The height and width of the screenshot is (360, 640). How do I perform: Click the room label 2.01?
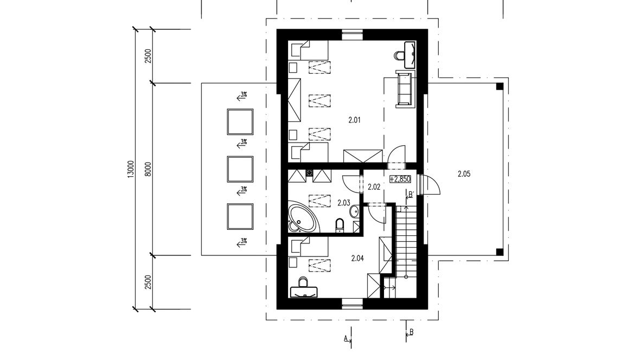[x=354, y=120]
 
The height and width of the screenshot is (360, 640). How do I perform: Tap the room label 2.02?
[x=374, y=188]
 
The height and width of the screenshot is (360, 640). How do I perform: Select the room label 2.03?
[x=344, y=202]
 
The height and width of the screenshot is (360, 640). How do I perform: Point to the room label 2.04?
[x=357, y=258]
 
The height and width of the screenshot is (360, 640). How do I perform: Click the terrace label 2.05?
[x=464, y=174]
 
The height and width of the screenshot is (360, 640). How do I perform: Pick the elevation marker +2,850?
[x=400, y=179]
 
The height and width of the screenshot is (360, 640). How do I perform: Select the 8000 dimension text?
[x=148, y=169]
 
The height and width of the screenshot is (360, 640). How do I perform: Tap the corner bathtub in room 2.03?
[x=303, y=217]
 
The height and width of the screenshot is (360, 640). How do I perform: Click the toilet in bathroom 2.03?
[x=340, y=226]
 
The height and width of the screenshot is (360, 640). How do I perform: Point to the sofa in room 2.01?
[x=405, y=88]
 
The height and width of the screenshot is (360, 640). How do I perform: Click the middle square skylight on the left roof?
[x=240, y=169]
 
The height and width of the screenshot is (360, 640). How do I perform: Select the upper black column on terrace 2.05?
[x=500, y=86]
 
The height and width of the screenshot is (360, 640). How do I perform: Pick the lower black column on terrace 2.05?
[x=500, y=252]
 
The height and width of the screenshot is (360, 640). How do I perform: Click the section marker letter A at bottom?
[x=345, y=338]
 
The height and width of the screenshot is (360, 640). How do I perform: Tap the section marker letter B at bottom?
[x=412, y=332]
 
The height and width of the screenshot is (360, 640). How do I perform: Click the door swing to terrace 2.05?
[x=431, y=184]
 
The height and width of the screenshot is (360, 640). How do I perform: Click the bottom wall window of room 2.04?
[x=352, y=304]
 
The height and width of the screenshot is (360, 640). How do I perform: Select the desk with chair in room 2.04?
[x=304, y=288]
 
